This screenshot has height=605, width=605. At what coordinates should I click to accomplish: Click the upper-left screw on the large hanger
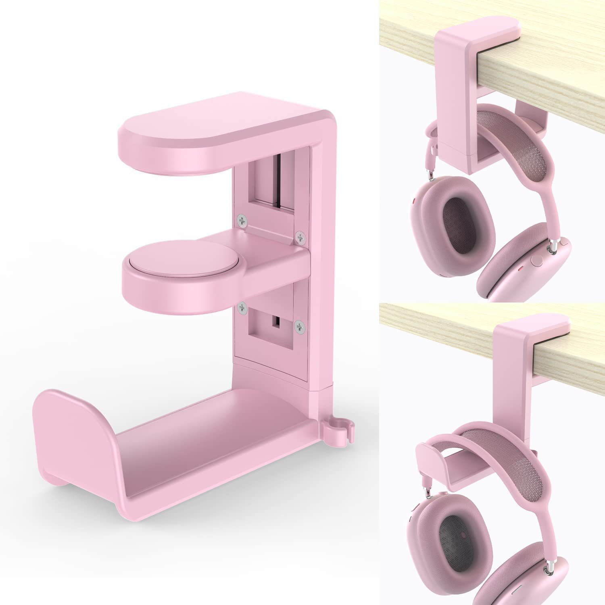click(242, 220)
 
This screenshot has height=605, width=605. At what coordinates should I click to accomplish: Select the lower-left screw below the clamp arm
click(242, 308)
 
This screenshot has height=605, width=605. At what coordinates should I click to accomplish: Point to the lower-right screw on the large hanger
click(299, 326)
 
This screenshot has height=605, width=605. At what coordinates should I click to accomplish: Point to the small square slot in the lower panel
click(276, 321)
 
